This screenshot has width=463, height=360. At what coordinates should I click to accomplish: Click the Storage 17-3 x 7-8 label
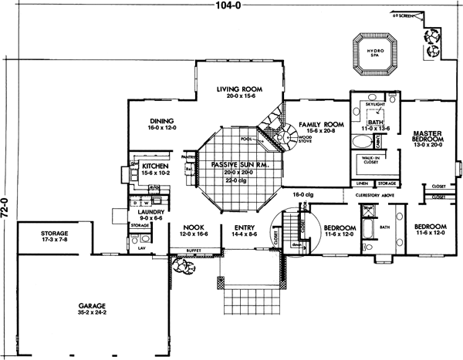point(46,235)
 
